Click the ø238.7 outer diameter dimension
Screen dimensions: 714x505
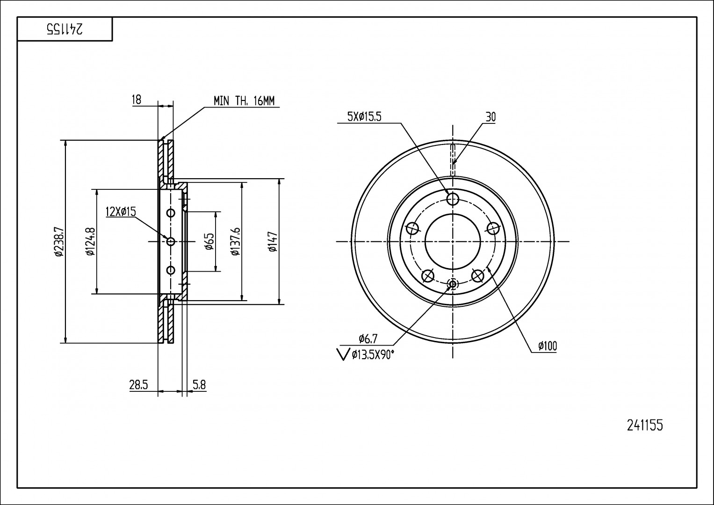pyautogui.click(x=59, y=241)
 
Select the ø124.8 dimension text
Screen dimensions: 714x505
pyautogui.click(x=91, y=241)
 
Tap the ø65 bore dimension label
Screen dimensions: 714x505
pyautogui.click(x=209, y=241)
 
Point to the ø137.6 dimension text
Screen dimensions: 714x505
pyautogui.click(x=236, y=241)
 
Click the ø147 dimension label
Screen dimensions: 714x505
pyautogui.click(x=273, y=241)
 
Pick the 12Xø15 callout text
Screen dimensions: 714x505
pyautogui.click(x=121, y=211)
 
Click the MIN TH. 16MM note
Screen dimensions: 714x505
pyautogui.click(x=244, y=101)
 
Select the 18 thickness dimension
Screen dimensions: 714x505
pyautogui.click(x=136, y=100)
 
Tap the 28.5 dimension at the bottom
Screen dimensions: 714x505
pyautogui.click(x=139, y=385)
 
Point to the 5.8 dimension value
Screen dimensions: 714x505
pyautogui.click(x=199, y=385)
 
